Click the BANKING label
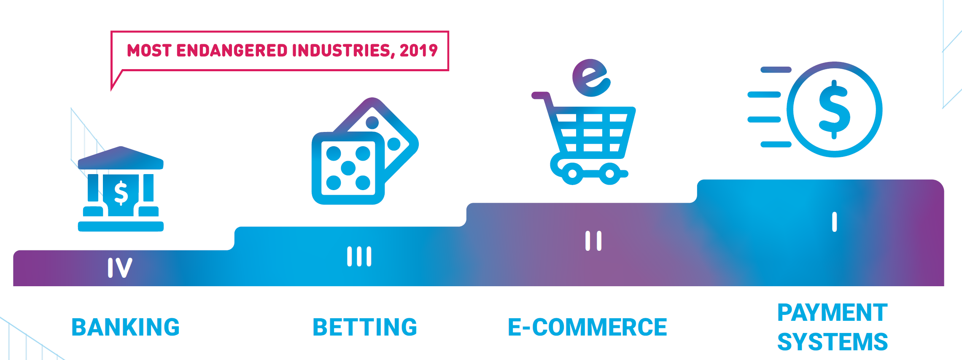tap(126, 328)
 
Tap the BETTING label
tap(365, 328)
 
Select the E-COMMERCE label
tap(587, 328)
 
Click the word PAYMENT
tap(833, 313)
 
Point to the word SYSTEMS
tap(833, 342)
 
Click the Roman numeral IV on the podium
tap(120, 268)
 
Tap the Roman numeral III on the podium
tap(359, 256)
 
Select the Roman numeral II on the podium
tap(593, 241)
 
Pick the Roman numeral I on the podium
tap(834, 222)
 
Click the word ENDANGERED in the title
tap(232, 51)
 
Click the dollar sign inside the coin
tap(834, 109)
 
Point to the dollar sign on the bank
tap(121, 193)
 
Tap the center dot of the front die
tap(348, 168)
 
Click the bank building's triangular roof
tap(121, 158)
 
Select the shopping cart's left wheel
tap(572, 174)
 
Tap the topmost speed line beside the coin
tap(776, 70)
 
